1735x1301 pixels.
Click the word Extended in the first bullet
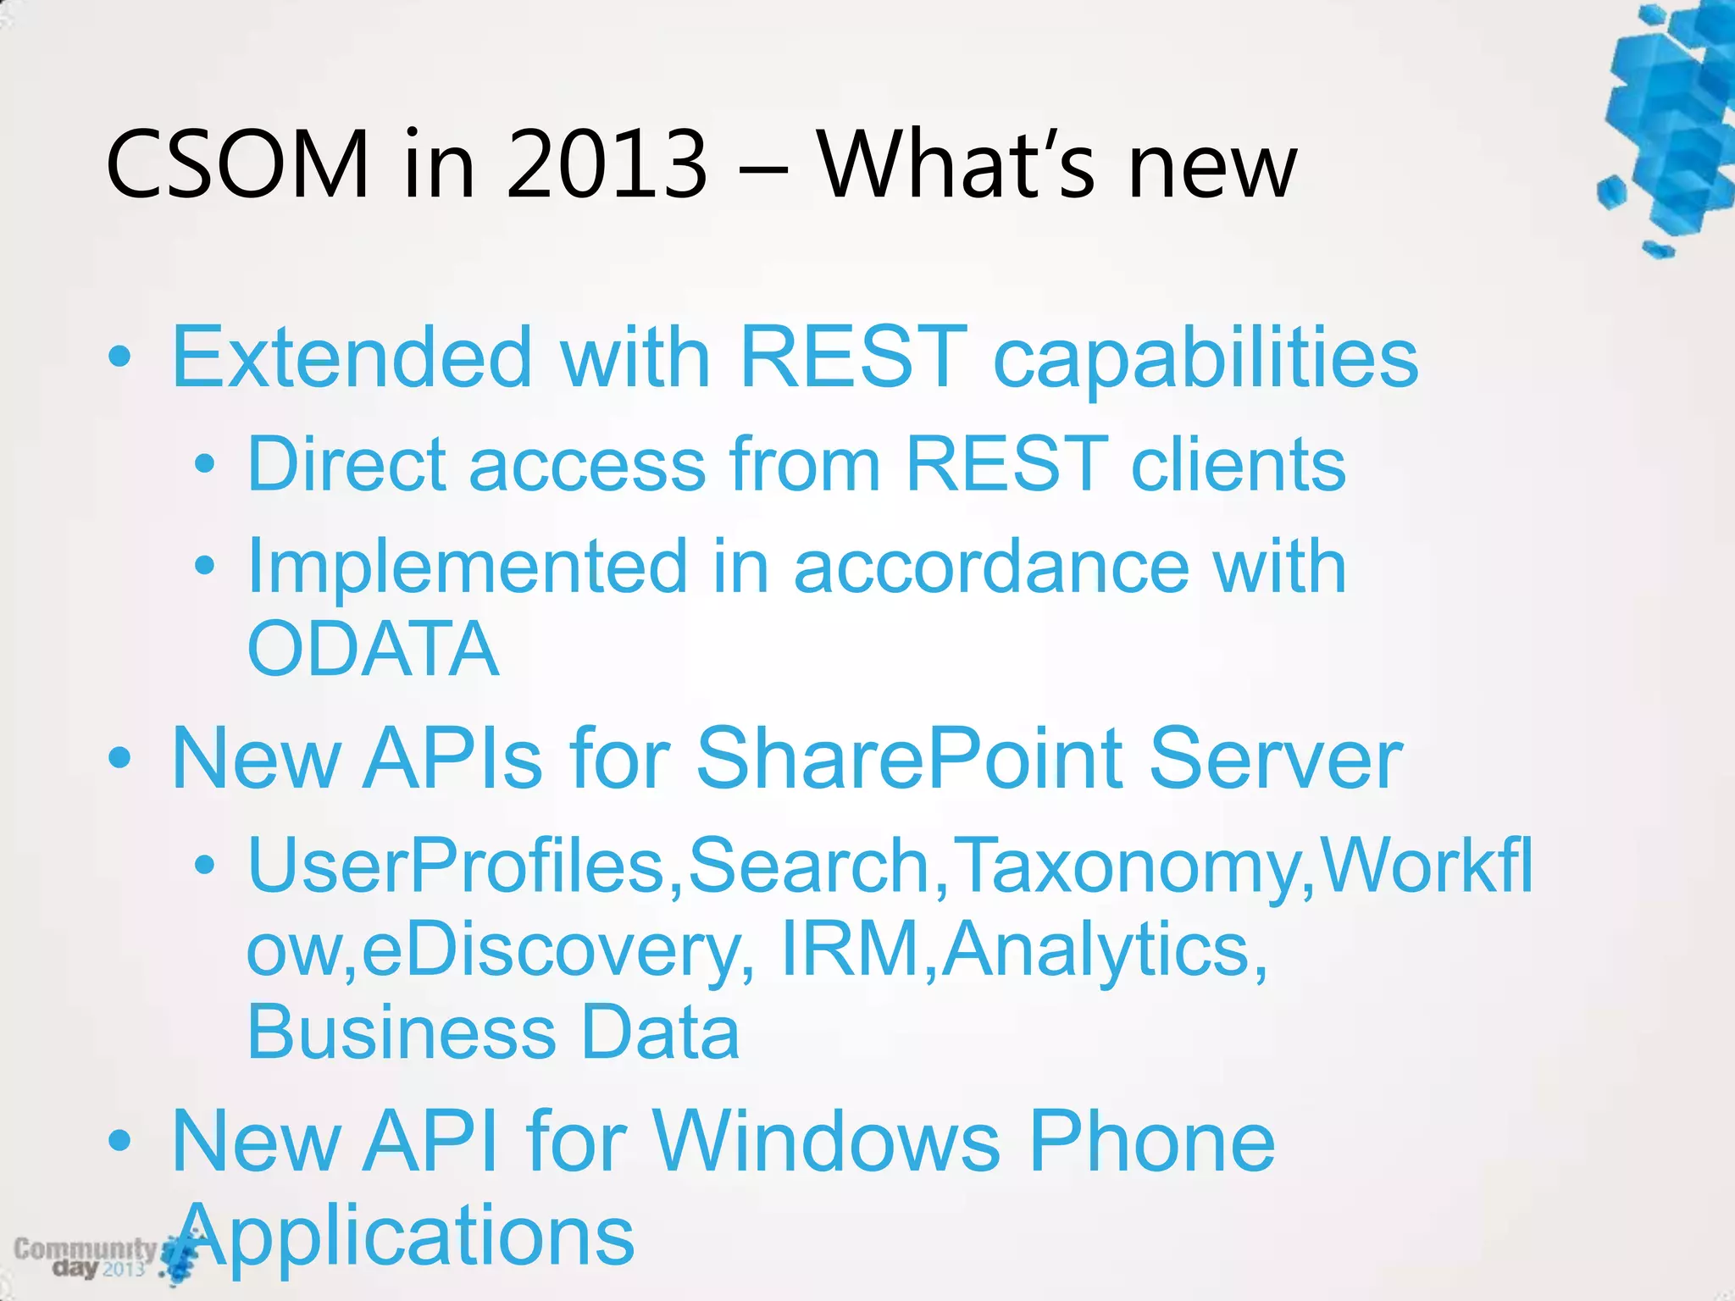(352, 357)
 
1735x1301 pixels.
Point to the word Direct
(346, 463)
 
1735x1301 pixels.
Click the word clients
(1238, 463)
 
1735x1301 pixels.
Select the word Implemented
(467, 567)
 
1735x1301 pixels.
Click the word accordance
(991, 567)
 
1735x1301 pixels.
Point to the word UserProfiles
(456, 866)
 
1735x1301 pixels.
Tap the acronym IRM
(850, 949)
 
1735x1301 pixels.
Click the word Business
(401, 1032)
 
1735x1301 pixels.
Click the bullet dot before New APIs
(119, 758)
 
